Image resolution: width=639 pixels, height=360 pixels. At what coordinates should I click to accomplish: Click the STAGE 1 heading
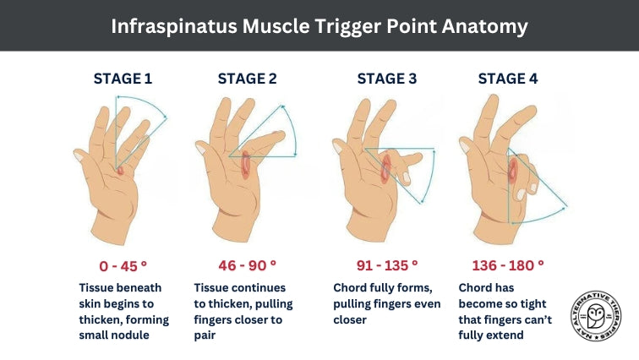click(x=123, y=79)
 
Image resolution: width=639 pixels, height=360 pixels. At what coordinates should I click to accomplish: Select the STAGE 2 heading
click(x=248, y=79)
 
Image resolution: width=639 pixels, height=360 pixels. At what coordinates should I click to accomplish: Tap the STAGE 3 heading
click(x=387, y=79)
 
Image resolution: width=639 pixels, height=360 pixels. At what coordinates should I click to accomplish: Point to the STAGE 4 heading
click(x=508, y=79)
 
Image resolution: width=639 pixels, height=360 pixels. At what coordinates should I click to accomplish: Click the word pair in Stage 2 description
click(x=207, y=335)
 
